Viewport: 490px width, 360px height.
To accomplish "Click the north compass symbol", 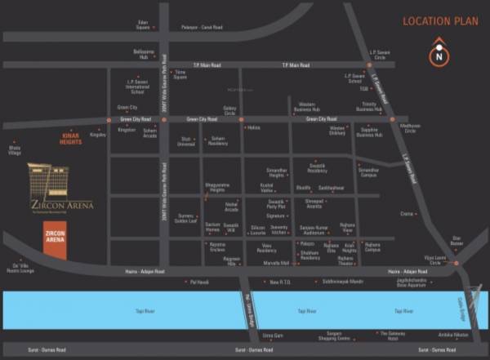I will point(439,56).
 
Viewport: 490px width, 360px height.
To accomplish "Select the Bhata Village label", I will point(15,150).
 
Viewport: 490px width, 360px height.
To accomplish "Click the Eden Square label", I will point(143,24).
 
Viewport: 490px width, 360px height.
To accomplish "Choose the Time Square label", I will point(180,75).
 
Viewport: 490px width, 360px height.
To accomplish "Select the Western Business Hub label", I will point(306,106).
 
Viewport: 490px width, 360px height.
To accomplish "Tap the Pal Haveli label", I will point(200,282).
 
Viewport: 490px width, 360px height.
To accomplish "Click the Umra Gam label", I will point(272,336).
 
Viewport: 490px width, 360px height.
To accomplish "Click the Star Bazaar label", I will point(457,241).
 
